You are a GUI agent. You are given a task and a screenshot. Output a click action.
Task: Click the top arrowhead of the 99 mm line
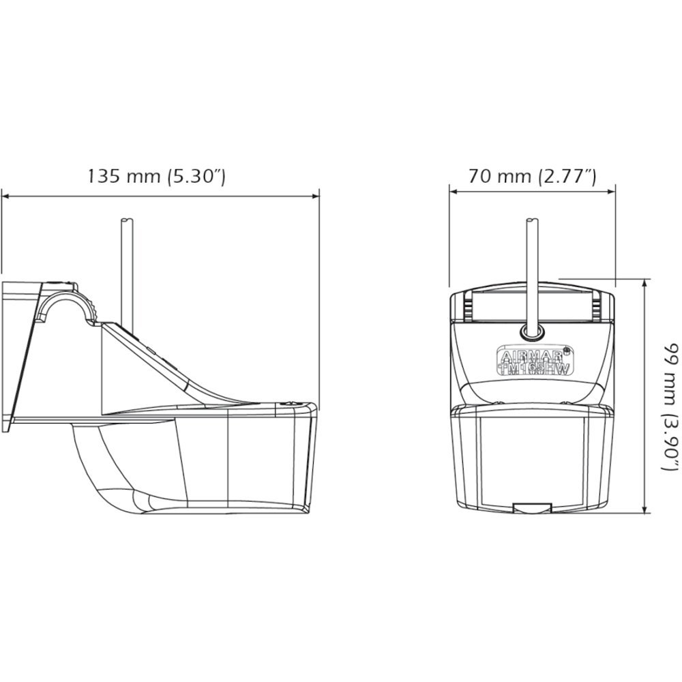(x=646, y=283)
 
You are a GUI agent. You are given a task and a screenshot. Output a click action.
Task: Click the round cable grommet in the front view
(x=531, y=332)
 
